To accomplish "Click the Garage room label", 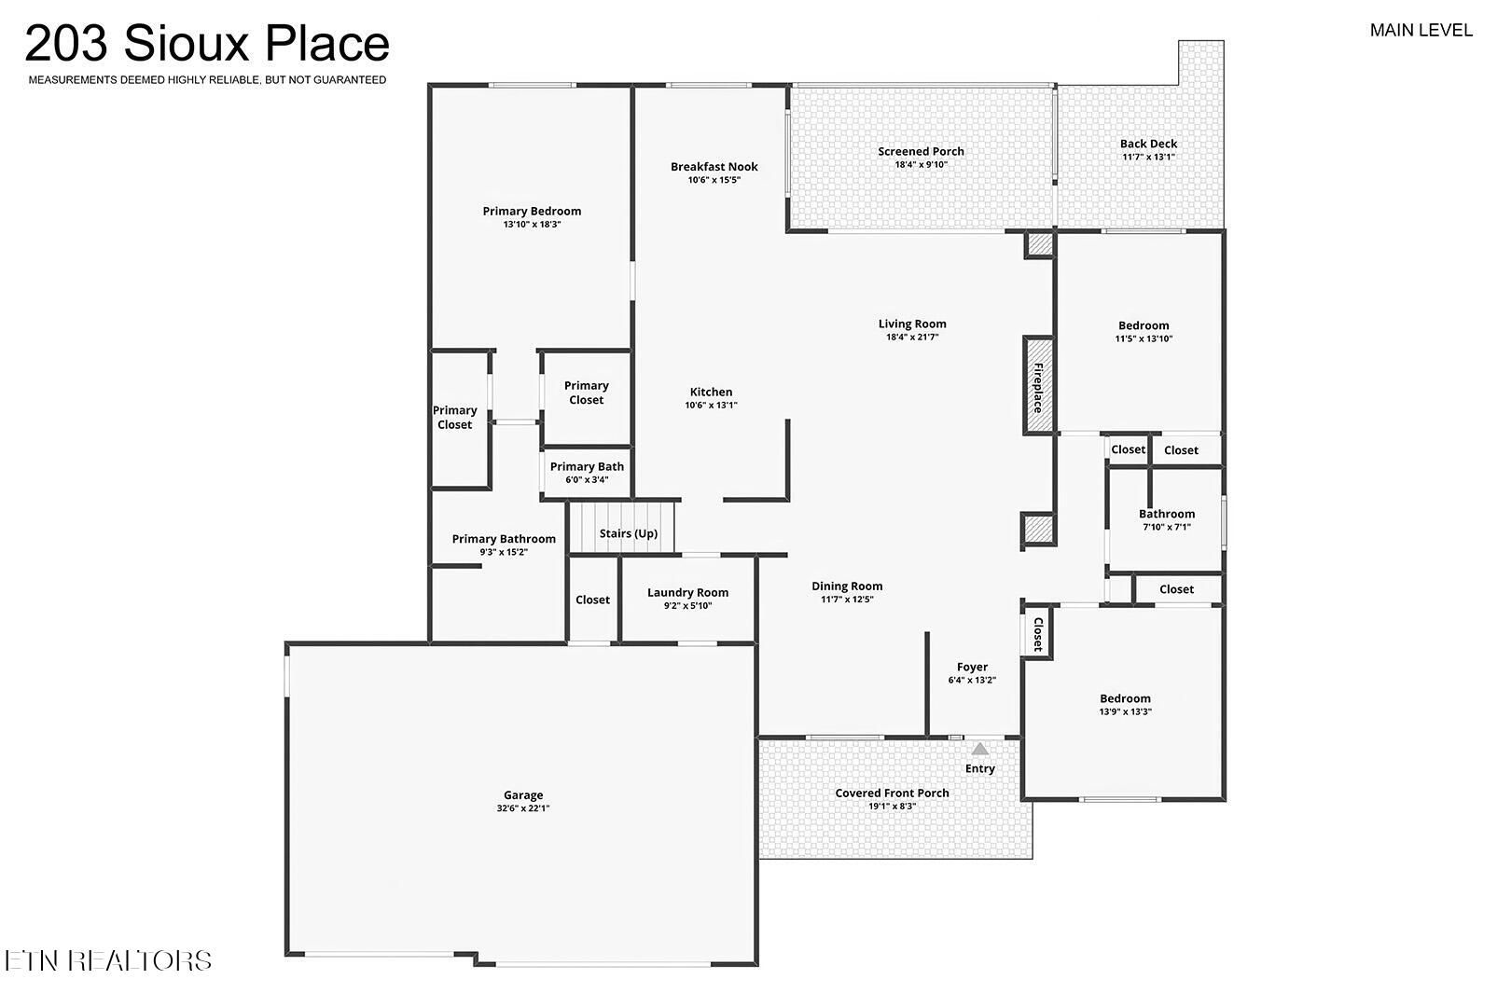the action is pos(522,795).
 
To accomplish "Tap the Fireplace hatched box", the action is pos(1039,386).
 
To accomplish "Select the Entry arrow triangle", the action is pos(979,750).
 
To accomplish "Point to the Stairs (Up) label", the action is pos(628,533).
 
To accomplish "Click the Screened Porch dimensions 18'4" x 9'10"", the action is pos(921,165).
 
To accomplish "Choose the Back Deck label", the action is pos(1148,144).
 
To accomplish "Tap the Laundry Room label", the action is pos(687,592).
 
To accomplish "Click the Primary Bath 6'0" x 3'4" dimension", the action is pos(587,479).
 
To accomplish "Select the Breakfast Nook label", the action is pos(714,167).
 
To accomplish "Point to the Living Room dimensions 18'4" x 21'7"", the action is pos(912,337).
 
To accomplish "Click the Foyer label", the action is pos(972,667).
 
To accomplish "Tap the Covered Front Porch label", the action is pos(892,793).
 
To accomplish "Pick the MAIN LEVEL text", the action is pos(1421,31).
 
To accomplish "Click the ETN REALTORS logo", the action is pos(108,960).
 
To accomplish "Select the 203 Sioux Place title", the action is pos(207,43).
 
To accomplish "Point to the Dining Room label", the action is pos(847,586).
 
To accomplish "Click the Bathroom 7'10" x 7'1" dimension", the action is pos(1166,527).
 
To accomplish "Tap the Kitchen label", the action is pos(711,392).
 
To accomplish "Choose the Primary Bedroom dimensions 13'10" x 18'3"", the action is pos(532,224).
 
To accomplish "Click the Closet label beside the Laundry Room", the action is pos(592,600).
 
